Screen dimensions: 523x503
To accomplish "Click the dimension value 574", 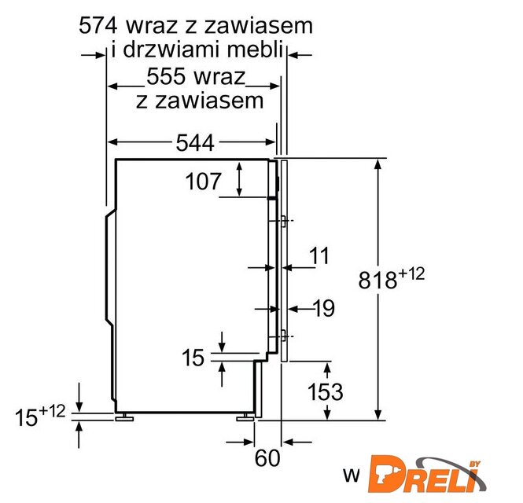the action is click(98, 26).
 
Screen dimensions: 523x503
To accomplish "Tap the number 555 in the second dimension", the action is click(166, 76).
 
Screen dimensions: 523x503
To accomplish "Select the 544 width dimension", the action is click(195, 143).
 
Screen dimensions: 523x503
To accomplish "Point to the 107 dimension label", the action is click(203, 182).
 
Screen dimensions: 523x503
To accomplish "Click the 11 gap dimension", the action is click(319, 256).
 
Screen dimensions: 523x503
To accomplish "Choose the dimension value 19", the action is click(324, 309).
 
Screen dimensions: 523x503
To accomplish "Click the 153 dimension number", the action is click(325, 391).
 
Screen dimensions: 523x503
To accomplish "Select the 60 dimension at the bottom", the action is click(267, 458).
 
